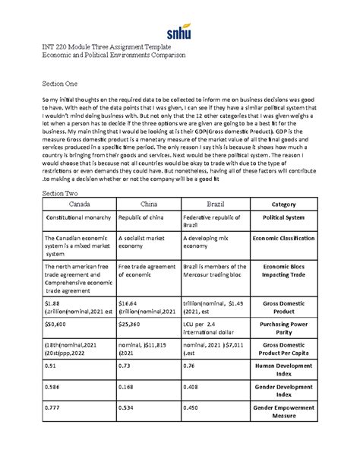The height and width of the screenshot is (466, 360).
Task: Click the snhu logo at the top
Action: (179, 33)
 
